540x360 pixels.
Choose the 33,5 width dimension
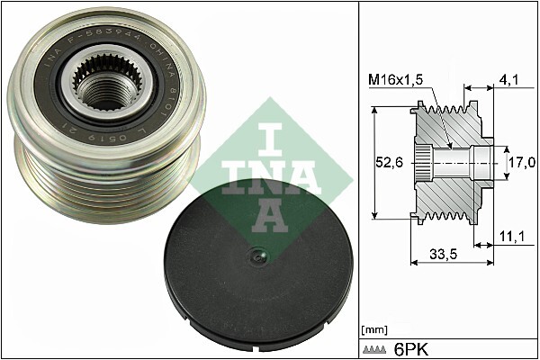pos(443,254)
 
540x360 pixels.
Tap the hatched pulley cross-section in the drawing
pos(450,193)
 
